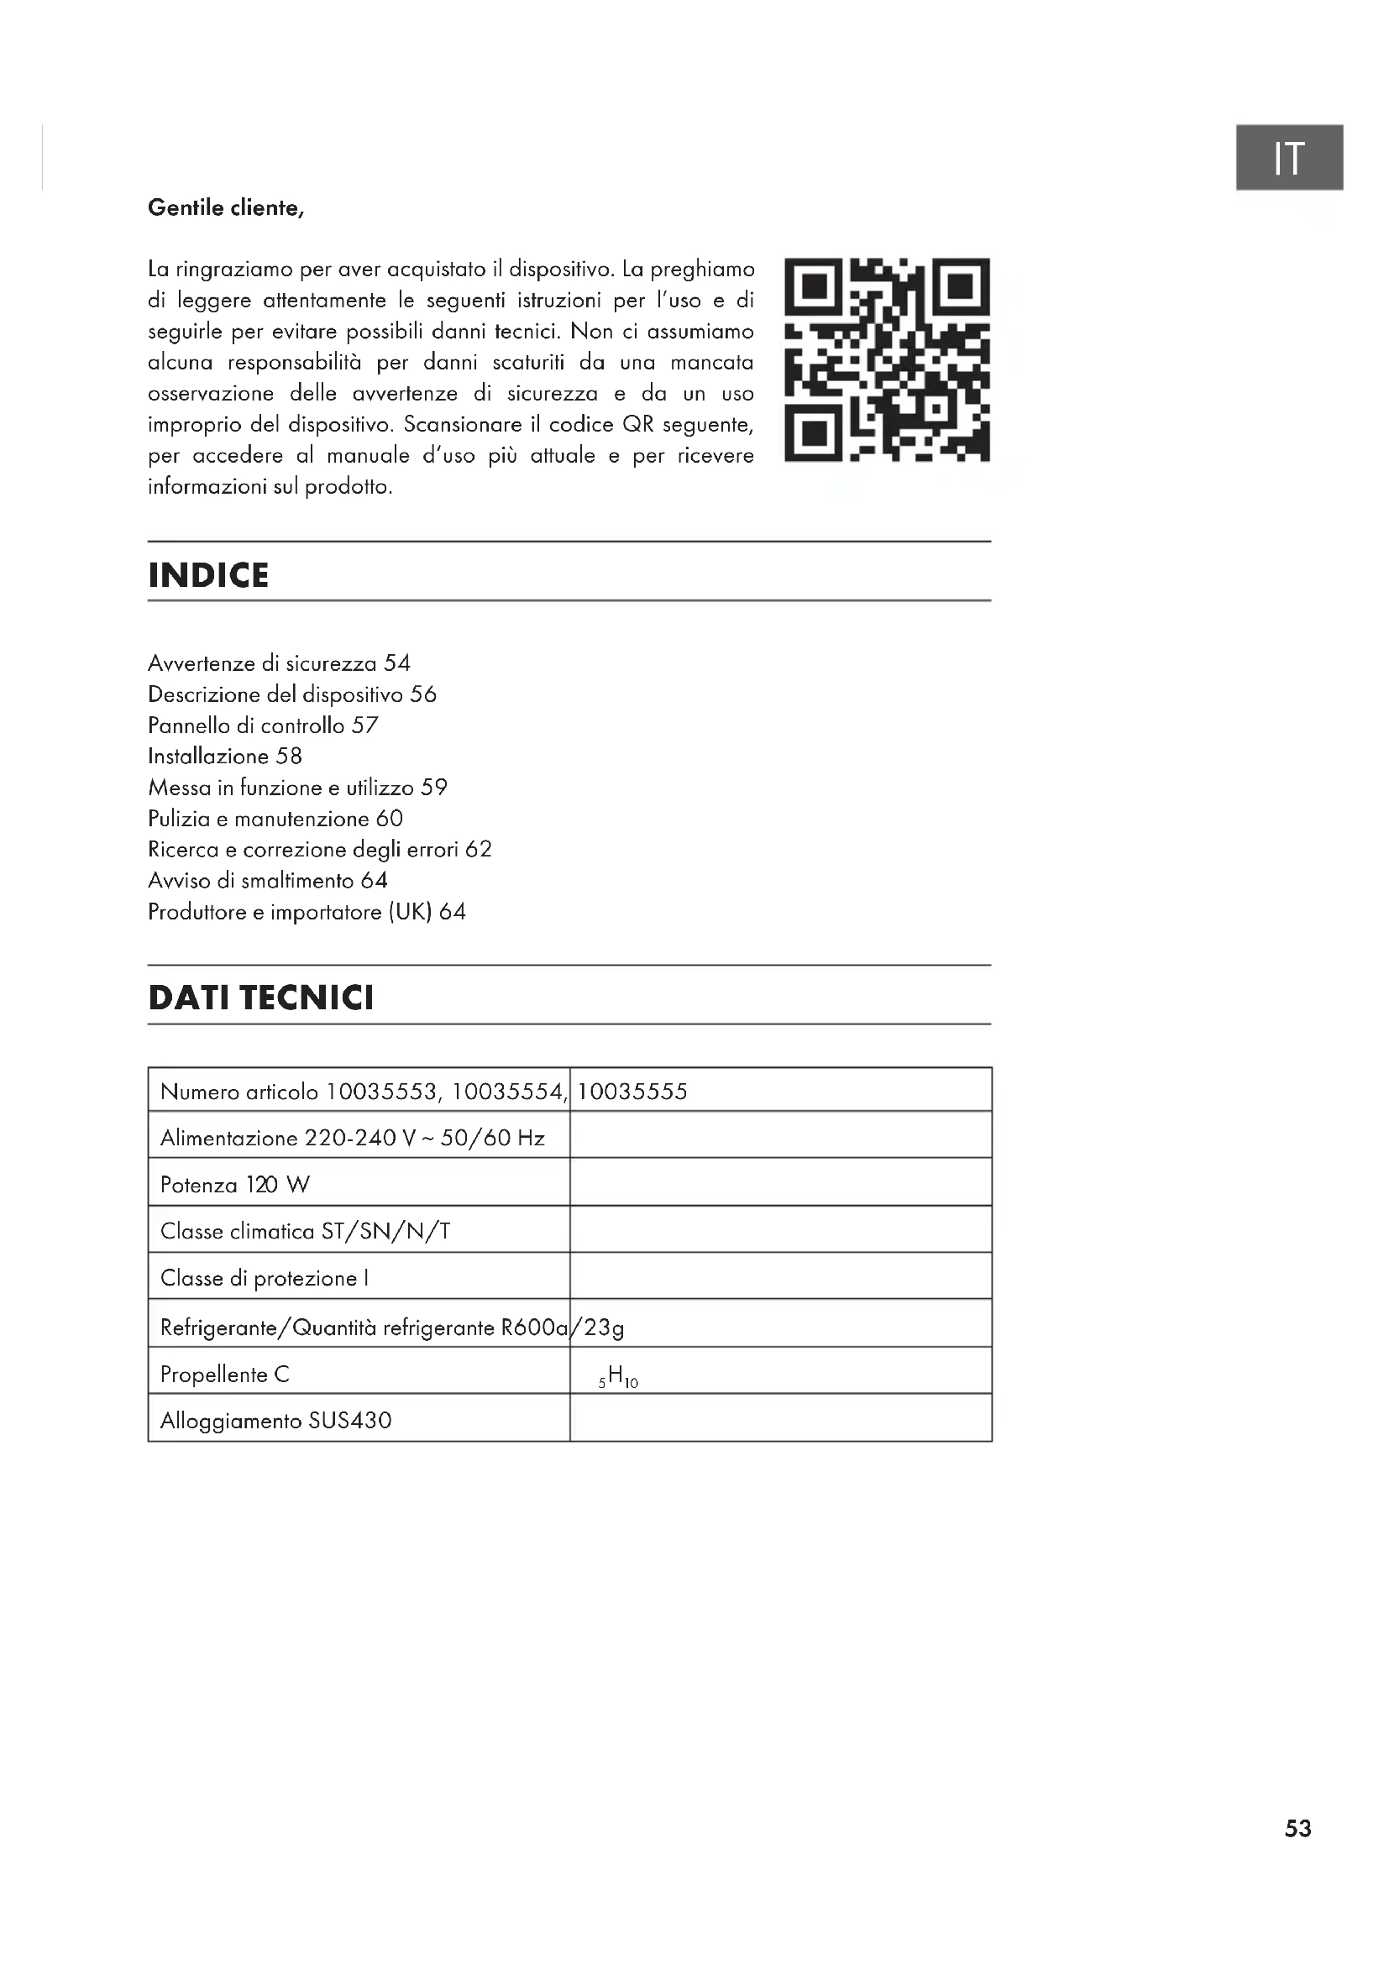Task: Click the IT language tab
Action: (x=1288, y=157)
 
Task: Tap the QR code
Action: (x=887, y=359)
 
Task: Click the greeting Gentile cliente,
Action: (x=226, y=208)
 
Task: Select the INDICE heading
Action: (x=209, y=575)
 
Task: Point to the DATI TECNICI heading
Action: (x=261, y=998)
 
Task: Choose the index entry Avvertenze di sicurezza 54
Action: (x=279, y=663)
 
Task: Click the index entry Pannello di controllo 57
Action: (x=263, y=725)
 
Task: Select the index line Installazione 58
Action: (x=225, y=757)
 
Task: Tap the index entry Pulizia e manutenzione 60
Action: (x=275, y=819)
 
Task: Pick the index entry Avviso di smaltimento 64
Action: (x=268, y=880)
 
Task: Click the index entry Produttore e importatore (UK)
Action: (x=307, y=912)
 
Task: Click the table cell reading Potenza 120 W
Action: (x=235, y=1185)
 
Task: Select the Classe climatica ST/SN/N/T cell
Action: (x=305, y=1231)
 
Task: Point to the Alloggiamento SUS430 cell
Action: (x=275, y=1421)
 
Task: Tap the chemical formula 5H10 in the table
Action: (x=618, y=1376)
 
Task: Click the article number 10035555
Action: (x=632, y=1092)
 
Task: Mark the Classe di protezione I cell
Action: (x=265, y=1278)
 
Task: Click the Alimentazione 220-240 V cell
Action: (x=352, y=1138)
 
